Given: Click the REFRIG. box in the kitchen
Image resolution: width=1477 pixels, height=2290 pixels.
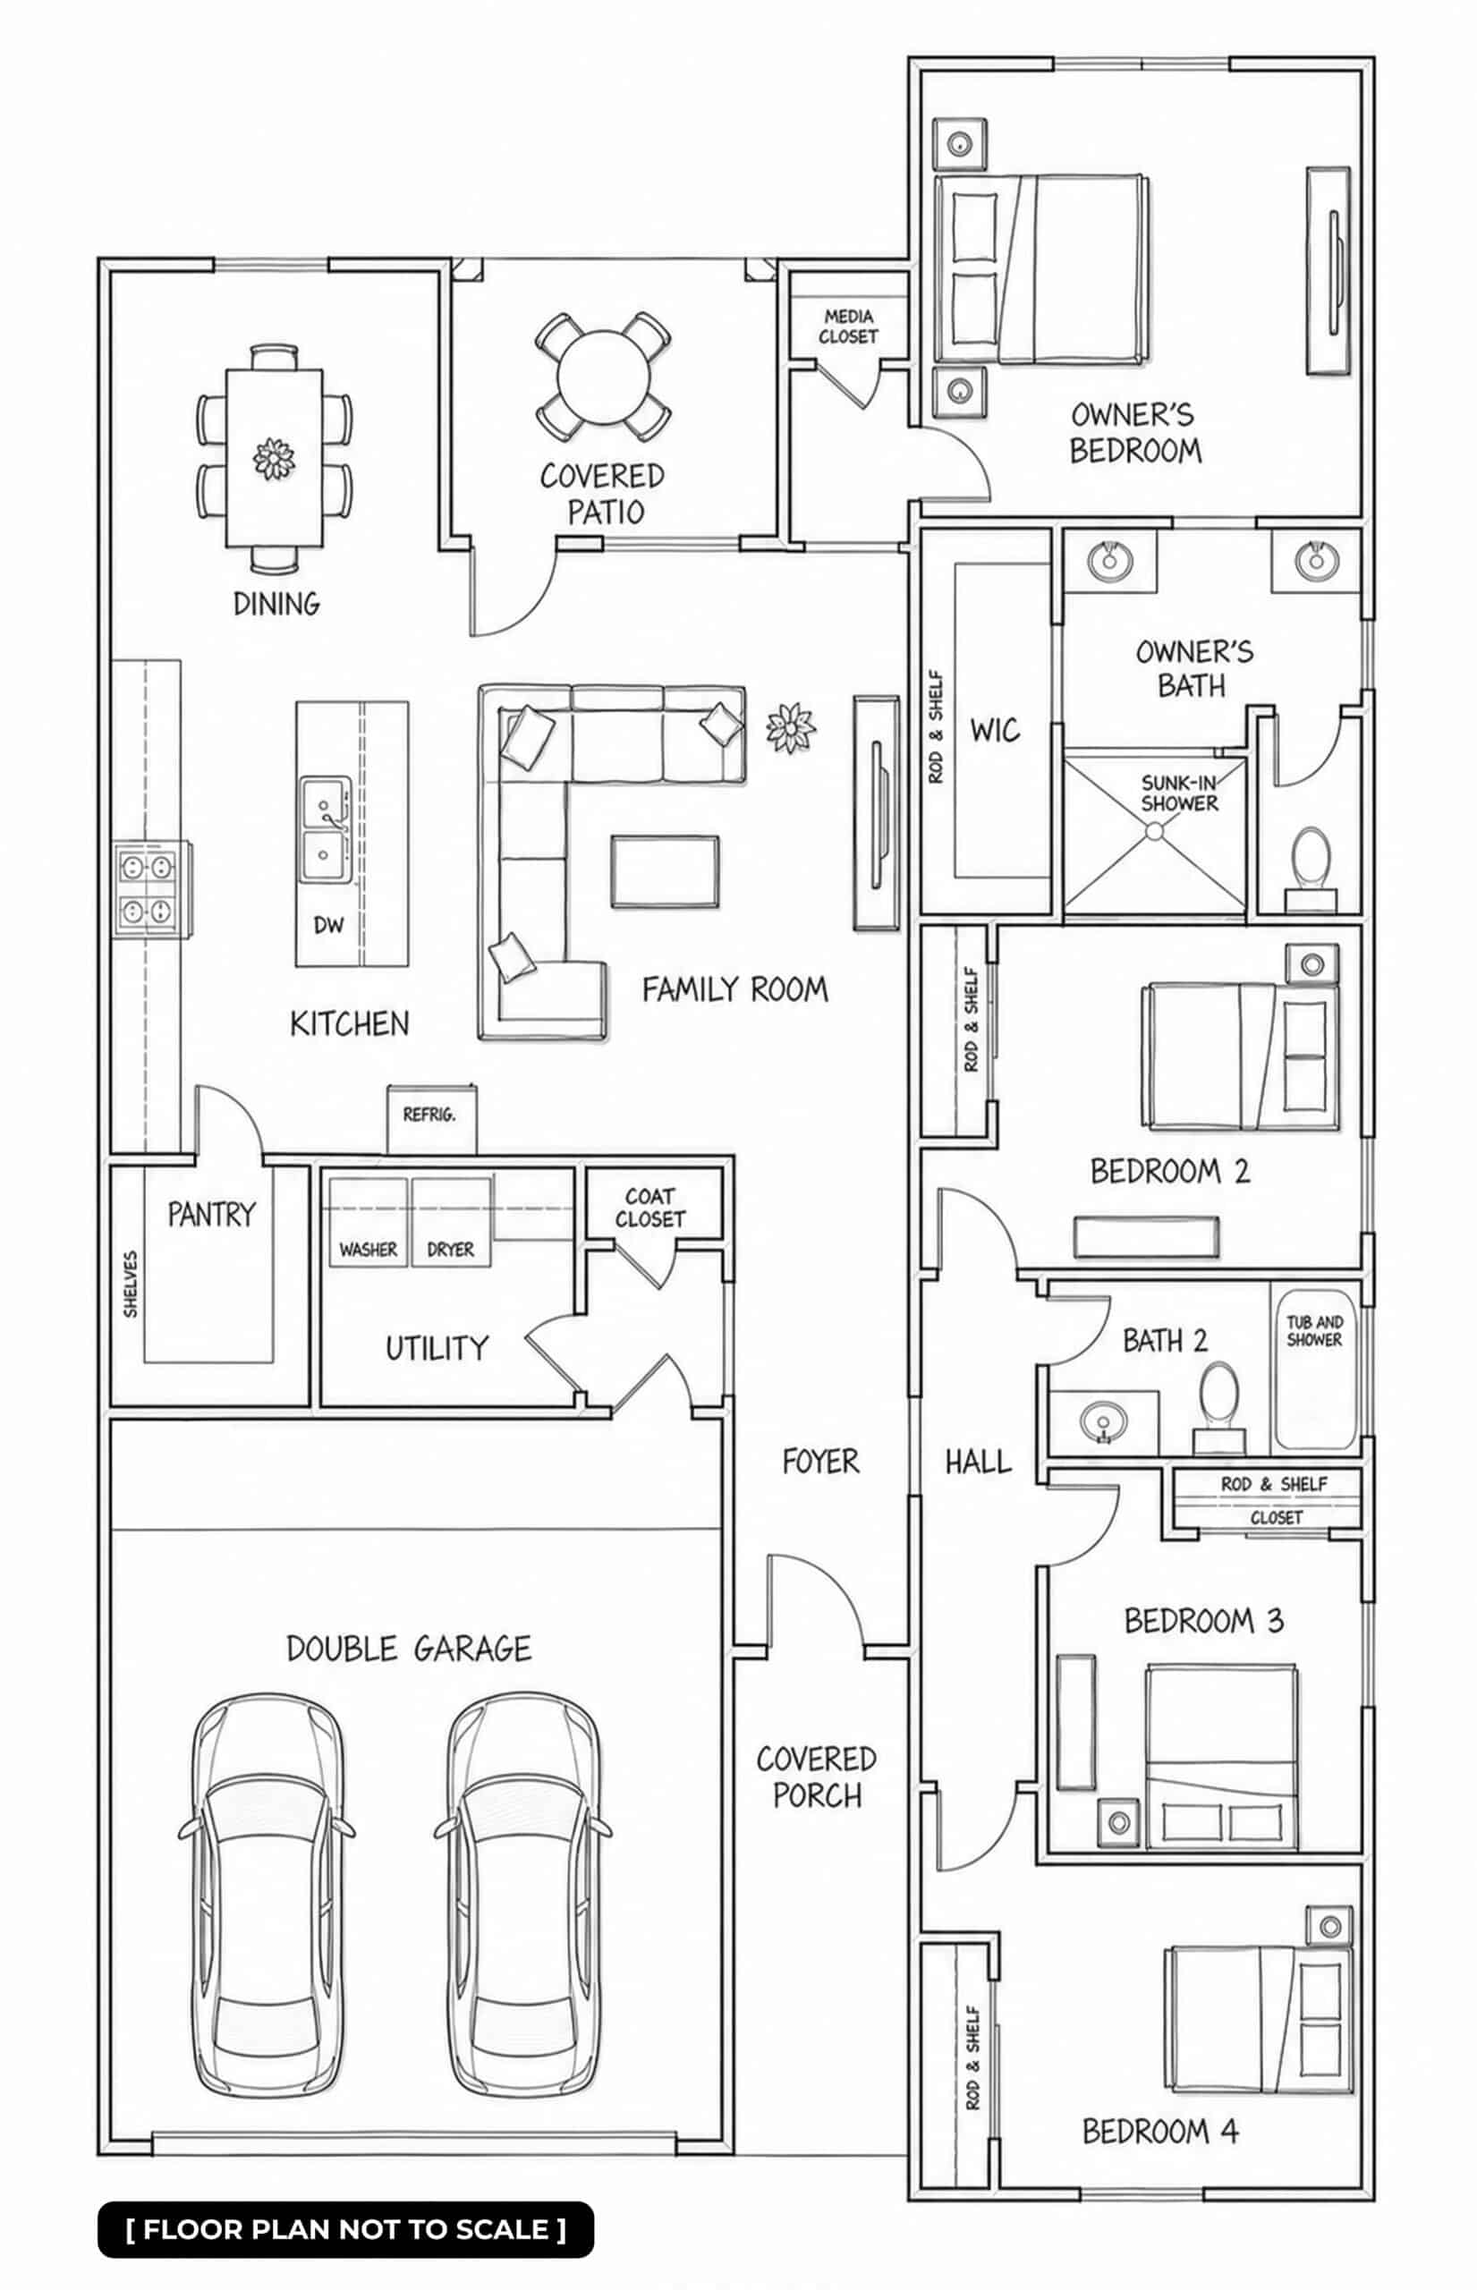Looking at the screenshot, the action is [x=431, y=1118].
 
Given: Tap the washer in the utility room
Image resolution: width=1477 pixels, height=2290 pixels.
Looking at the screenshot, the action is [x=368, y=1222].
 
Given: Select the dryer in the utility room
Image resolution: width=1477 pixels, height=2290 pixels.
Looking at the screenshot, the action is [x=451, y=1222].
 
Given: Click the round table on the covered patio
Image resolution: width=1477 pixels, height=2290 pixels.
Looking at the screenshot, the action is [x=603, y=377].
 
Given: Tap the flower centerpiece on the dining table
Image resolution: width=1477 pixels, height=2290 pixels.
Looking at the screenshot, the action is [x=275, y=458].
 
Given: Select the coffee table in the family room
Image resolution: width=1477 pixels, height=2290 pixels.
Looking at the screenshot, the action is [x=666, y=870].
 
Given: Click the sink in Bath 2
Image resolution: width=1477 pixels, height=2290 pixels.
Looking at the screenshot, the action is [x=1103, y=1421].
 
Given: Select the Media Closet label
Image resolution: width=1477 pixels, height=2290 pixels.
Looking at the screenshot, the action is [x=849, y=326].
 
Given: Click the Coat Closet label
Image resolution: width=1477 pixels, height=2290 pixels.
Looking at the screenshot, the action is [x=650, y=1208].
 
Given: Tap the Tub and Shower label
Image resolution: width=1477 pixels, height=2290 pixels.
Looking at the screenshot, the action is [x=1314, y=1330].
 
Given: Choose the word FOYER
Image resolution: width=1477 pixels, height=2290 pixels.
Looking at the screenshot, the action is [x=821, y=1462].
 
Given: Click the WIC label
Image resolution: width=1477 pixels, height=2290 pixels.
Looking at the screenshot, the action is [x=995, y=731].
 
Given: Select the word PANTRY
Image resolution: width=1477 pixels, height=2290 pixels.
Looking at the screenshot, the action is [x=212, y=1215].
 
